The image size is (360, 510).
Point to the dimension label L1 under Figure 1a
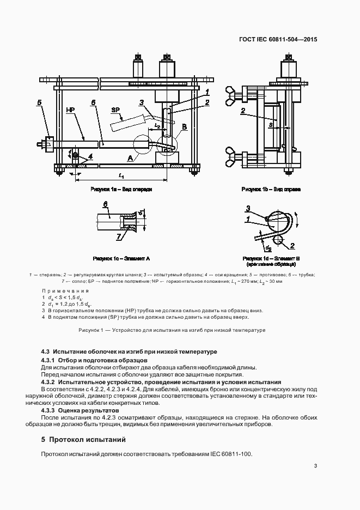[121, 175]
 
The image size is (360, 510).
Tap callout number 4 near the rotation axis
[90, 156]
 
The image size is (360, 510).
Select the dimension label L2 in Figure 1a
[157, 125]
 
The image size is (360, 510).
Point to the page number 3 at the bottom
[315, 466]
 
